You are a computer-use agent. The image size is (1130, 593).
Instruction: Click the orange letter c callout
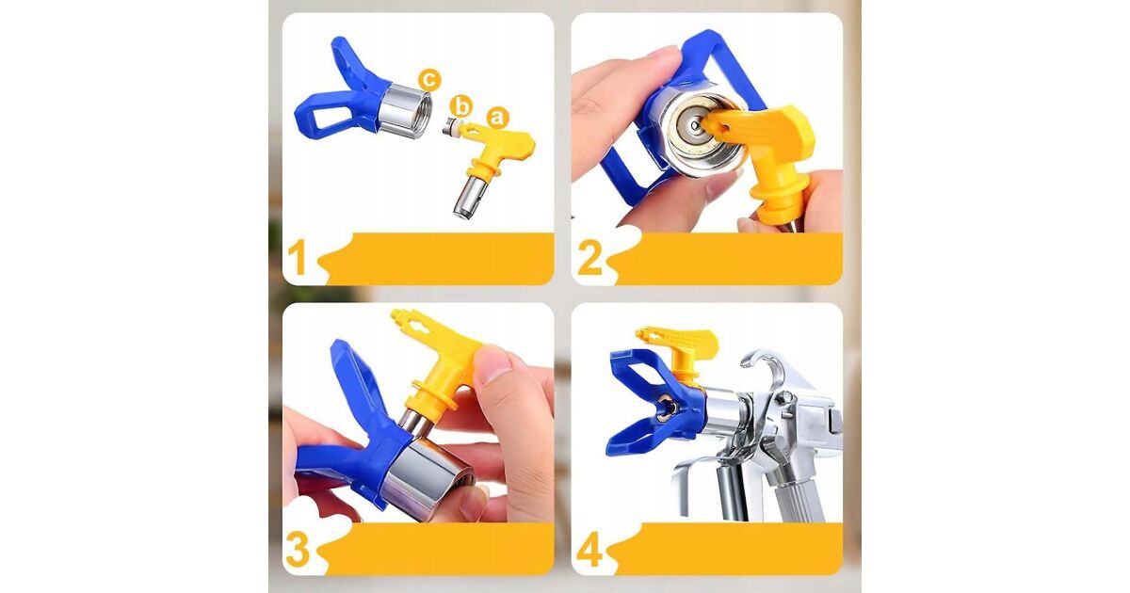428,80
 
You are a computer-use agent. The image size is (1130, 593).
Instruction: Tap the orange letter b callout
460,107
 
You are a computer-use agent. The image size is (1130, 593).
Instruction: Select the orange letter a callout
497,118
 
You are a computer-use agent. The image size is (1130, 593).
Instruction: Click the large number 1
298,257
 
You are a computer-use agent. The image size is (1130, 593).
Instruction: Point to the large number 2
589,257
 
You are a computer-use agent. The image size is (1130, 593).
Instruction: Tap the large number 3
298,548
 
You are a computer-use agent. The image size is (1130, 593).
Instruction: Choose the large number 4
589,549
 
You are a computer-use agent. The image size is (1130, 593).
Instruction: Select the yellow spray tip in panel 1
492,167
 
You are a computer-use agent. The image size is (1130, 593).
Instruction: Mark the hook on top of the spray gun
763,364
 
